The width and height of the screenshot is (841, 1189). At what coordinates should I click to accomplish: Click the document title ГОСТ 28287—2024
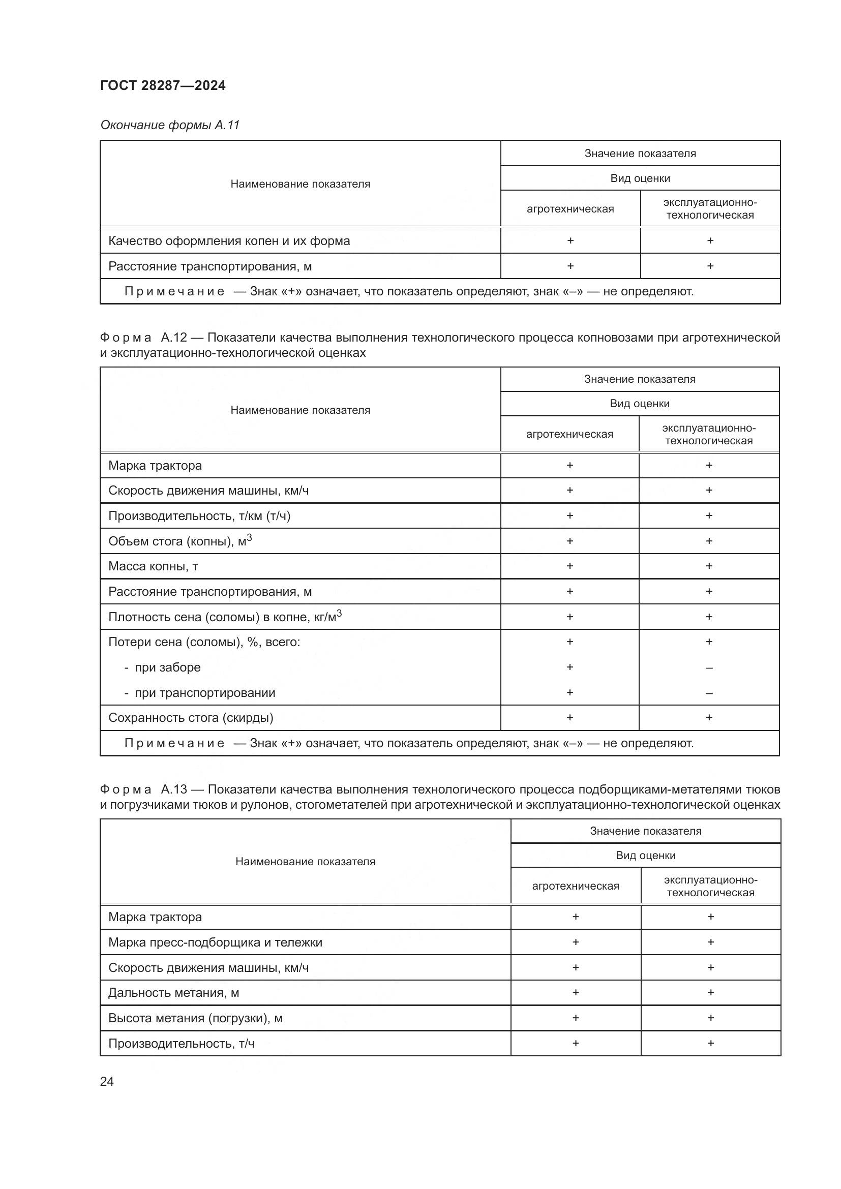tap(163, 86)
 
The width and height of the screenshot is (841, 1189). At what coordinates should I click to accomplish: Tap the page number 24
tap(107, 1081)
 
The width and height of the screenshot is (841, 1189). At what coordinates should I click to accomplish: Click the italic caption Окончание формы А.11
tap(170, 126)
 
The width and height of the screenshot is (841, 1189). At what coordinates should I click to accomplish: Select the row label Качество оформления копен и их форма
tap(229, 241)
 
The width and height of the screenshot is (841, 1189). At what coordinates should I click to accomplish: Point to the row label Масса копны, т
tap(153, 566)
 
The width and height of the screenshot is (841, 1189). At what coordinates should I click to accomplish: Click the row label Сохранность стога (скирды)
tap(191, 718)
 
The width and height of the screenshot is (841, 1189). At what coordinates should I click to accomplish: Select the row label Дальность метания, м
tap(173, 993)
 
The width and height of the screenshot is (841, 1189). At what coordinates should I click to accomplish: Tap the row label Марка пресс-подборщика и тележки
tap(215, 942)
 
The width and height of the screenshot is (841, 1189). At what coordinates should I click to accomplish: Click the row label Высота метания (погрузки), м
tap(195, 1018)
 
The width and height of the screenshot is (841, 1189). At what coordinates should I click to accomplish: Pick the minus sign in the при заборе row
tap(709, 668)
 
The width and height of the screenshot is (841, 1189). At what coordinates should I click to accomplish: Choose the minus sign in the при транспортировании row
tap(709, 693)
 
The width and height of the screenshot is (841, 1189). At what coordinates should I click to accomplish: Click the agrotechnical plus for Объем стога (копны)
tap(569, 541)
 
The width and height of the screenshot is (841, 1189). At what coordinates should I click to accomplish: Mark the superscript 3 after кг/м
tap(339, 613)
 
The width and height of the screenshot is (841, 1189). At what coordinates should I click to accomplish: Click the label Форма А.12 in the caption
tap(143, 338)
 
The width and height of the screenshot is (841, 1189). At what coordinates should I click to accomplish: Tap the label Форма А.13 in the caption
tap(143, 789)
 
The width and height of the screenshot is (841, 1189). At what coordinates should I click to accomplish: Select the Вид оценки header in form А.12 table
tap(640, 404)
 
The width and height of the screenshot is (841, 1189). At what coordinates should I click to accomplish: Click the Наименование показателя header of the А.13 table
tap(305, 861)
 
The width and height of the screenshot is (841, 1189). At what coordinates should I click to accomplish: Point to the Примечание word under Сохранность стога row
tap(174, 743)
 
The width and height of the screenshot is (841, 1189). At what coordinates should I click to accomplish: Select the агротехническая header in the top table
tap(570, 209)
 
